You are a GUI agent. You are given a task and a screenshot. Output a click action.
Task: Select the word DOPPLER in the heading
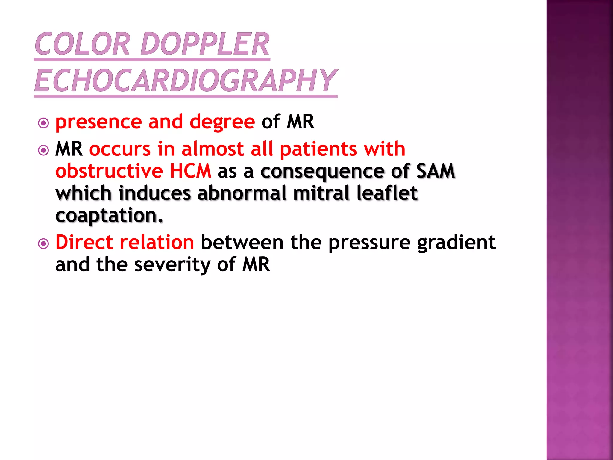click(x=205, y=44)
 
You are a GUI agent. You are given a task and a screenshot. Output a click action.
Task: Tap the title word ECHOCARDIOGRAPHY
click(x=186, y=80)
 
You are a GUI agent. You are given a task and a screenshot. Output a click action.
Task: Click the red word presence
click(x=98, y=122)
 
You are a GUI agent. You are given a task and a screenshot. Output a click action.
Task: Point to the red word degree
click(x=222, y=122)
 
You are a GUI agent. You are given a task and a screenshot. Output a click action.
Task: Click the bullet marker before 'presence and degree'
click(x=44, y=123)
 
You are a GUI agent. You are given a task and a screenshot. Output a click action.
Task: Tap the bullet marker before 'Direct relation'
click(x=44, y=243)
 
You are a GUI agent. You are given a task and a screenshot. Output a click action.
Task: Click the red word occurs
click(x=120, y=149)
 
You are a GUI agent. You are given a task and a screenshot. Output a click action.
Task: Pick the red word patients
click(x=318, y=149)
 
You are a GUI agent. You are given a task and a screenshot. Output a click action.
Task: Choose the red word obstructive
click(x=109, y=171)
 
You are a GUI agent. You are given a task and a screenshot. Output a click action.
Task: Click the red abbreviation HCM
click(x=190, y=171)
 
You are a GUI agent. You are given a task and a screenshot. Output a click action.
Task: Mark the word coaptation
click(x=109, y=216)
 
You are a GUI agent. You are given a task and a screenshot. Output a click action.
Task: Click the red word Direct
click(x=84, y=242)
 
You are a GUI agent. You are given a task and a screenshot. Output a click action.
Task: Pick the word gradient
click(x=456, y=243)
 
